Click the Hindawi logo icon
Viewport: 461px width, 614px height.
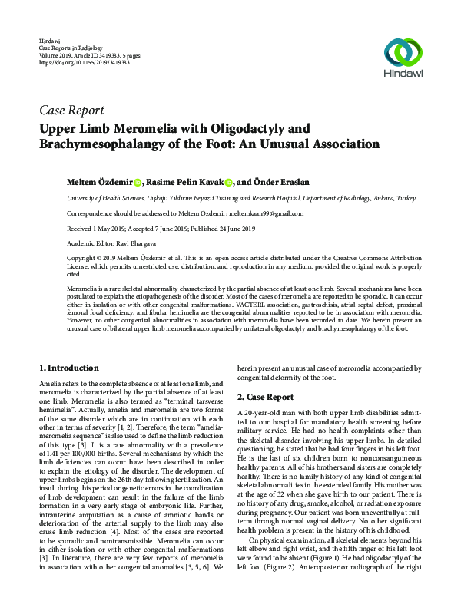[x=402, y=51]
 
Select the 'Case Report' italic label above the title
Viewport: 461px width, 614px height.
[x=71, y=110]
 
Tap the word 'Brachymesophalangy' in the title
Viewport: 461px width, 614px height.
[x=108, y=144]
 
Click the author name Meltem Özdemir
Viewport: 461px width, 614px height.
[x=98, y=182]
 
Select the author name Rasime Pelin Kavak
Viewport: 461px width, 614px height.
[x=184, y=182]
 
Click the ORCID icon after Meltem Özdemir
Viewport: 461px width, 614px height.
[x=138, y=183]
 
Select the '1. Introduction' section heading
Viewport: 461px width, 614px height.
[x=68, y=368]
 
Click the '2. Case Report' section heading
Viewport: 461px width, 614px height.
[x=264, y=397]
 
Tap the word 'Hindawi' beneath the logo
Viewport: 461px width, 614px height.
[x=402, y=76]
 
